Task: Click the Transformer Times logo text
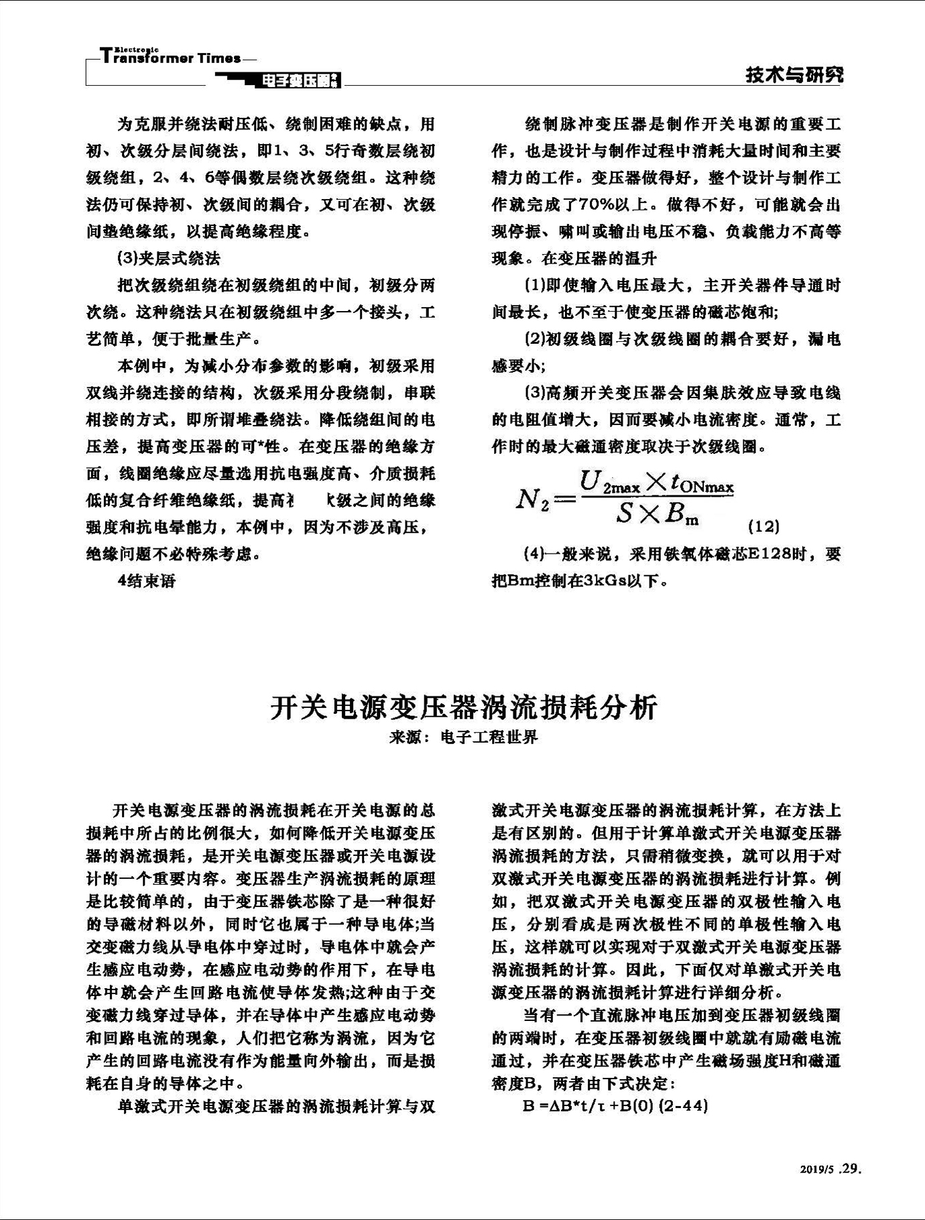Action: [171, 57]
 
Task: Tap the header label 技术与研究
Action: [794, 76]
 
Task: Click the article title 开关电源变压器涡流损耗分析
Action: [464, 707]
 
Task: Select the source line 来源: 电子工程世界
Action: [464, 738]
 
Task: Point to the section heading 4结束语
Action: [147, 581]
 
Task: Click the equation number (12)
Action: [763, 526]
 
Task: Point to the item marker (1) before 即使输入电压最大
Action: [534, 286]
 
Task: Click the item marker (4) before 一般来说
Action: [534, 554]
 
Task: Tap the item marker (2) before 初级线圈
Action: [534, 339]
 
